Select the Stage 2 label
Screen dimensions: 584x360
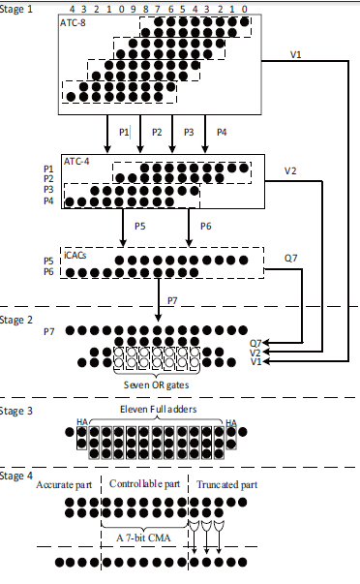[x=18, y=319]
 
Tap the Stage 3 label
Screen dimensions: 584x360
[x=18, y=411]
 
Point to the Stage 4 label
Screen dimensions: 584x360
[x=18, y=476]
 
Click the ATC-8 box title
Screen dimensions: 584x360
[x=76, y=22]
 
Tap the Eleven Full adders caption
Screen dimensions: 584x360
[x=159, y=411]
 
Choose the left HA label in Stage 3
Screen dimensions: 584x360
[x=83, y=422]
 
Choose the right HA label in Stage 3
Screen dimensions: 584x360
[x=229, y=422]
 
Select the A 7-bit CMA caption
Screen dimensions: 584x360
[x=141, y=536]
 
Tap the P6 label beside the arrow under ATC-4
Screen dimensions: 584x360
[x=205, y=226]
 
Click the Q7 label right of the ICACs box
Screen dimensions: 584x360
[x=289, y=258]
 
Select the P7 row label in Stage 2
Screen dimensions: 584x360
[x=50, y=331]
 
